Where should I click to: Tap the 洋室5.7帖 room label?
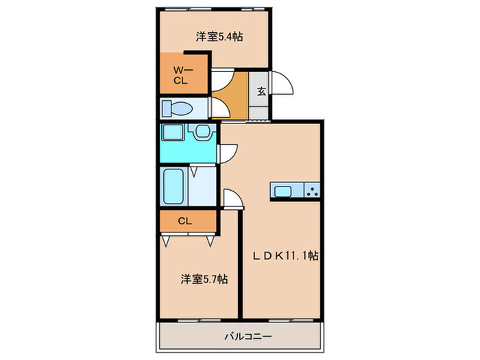point(205,279)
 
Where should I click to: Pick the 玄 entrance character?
point(261,91)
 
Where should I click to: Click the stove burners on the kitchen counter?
point(313,191)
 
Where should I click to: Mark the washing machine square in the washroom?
point(171,132)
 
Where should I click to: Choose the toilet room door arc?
point(219,109)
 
